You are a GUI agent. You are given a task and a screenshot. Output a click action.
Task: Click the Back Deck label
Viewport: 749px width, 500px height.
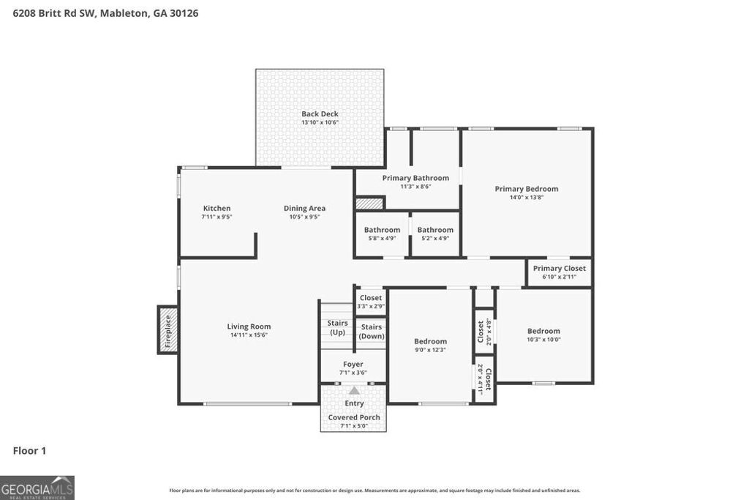coord(320,114)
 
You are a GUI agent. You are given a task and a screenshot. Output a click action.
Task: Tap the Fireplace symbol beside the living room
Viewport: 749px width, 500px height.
coord(168,329)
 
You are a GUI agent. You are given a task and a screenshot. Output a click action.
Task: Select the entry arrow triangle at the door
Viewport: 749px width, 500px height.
coord(354,391)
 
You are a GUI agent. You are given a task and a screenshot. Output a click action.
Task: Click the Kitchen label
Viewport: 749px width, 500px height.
coord(217,209)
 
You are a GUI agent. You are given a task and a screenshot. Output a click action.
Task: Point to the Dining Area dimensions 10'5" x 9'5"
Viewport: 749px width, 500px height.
coord(304,217)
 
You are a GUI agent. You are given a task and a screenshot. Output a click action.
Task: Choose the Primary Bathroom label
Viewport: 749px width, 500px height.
coord(415,178)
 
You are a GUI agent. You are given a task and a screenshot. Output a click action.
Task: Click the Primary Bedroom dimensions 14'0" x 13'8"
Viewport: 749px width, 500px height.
coord(526,197)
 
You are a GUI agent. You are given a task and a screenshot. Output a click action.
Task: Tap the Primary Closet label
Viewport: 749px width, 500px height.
coord(559,269)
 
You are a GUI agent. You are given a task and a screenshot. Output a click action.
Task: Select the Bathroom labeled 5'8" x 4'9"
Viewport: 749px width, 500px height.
coord(382,230)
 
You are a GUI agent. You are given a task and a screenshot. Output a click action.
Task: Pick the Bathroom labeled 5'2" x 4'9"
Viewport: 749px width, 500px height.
coord(435,230)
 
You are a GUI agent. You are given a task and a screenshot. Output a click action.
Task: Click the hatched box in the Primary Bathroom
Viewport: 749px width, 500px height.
coord(369,204)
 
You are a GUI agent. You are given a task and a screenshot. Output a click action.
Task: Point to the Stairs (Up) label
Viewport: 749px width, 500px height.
coord(337,327)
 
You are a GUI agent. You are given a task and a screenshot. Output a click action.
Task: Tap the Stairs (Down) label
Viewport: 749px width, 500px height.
coord(371,332)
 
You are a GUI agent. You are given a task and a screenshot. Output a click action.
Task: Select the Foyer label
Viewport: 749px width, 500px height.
coord(353,365)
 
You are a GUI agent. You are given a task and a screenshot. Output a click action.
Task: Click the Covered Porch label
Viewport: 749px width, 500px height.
coord(354,417)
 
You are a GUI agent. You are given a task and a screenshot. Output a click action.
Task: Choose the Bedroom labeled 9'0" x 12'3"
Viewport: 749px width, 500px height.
coord(430,341)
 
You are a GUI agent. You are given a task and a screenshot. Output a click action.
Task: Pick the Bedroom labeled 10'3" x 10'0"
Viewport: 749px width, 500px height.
coord(543,331)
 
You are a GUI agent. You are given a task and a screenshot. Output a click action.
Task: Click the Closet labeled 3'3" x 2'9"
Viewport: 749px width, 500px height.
coord(371,298)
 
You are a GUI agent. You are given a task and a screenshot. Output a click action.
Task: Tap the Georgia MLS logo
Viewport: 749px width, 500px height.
coord(37,488)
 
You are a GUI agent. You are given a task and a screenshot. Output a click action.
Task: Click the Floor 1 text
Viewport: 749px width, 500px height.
coord(29,451)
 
